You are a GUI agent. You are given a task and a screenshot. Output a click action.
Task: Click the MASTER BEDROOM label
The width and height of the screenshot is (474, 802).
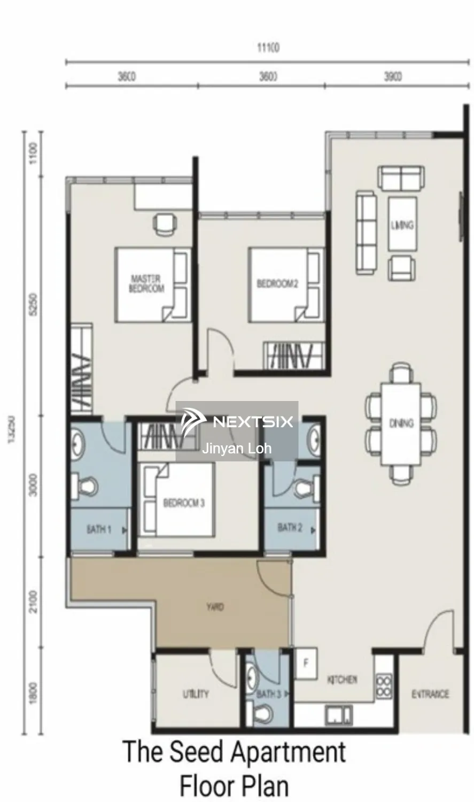point(146,283)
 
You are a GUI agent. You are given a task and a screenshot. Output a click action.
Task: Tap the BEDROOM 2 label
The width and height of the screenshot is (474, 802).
point(277,283)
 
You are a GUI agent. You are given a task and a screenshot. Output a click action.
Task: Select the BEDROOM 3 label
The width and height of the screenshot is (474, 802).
point(183,503)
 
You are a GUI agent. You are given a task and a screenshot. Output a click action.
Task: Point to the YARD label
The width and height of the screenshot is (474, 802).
point(215,607)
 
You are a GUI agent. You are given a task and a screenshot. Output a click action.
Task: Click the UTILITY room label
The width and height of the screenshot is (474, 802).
point(196,694)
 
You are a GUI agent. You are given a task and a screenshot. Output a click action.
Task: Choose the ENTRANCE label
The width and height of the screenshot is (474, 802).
point(430,694)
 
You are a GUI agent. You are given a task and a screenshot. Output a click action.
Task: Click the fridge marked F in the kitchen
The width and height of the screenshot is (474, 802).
point(306,663)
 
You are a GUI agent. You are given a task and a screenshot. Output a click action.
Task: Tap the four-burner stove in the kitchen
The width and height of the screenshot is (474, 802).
point(383,687)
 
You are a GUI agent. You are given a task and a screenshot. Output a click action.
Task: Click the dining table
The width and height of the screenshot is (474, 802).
point(401,423)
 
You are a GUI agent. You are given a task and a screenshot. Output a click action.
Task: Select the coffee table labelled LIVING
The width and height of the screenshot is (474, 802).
point(402,225)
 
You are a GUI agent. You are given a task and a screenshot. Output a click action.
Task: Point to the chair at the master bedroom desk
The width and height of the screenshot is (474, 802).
point(165,224)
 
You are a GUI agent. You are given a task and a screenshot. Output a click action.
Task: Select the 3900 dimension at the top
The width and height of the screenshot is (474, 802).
point(393,77)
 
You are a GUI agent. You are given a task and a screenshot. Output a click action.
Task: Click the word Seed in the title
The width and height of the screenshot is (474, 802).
point(196,751)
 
